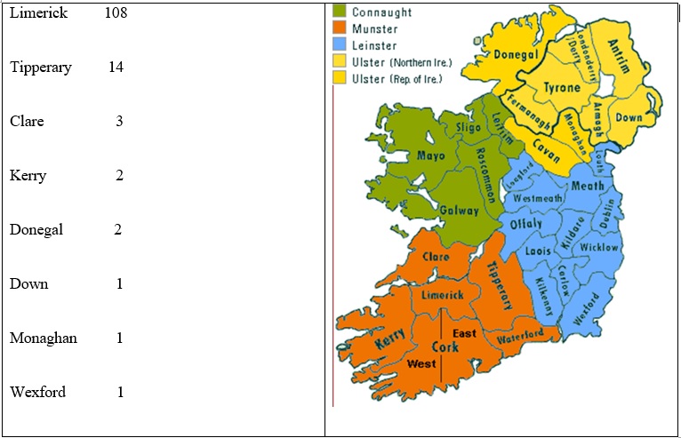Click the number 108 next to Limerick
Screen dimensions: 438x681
[115, 13]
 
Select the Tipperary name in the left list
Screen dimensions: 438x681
[41, 68]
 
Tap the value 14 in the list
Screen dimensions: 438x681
[116, 68]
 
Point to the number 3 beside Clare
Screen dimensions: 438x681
[119, 122]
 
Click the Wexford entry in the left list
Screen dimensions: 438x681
[37, 392]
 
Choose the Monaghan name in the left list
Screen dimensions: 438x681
[44, 338]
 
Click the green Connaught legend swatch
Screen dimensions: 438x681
[340, 12]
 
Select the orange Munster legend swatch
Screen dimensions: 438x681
[340, 28]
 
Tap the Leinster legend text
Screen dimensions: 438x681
[374, 45]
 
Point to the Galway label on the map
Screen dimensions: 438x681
[460, 211]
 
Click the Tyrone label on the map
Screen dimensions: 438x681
[561, 88]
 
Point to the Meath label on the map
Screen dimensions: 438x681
[587, 186]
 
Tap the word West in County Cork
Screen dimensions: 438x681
[421, 364]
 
